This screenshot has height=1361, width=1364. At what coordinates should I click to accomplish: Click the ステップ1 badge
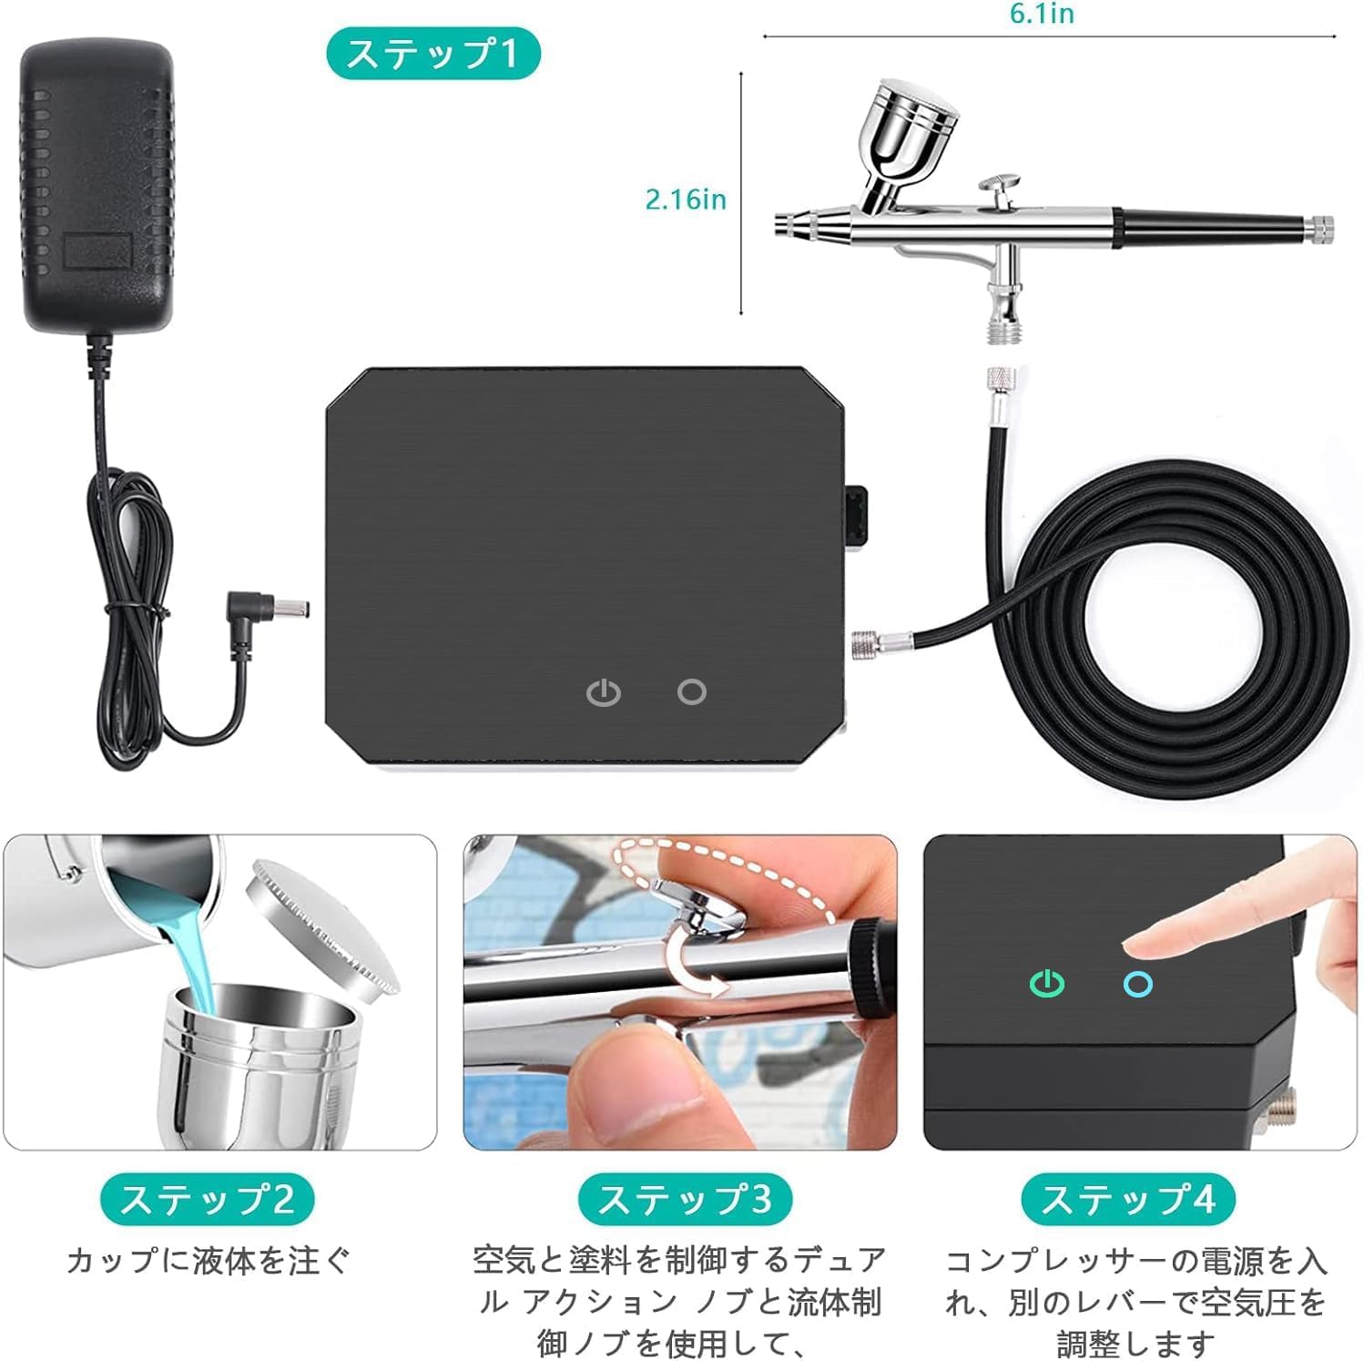433,53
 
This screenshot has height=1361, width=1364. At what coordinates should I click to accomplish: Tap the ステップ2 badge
208,1199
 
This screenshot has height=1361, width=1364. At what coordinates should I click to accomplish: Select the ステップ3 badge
685,1199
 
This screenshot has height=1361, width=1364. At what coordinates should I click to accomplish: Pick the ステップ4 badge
1127,1199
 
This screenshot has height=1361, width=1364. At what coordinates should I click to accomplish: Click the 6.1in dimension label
1042,14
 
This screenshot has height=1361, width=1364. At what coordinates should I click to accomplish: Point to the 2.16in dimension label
686,200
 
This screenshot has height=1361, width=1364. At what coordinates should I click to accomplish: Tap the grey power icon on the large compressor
604,692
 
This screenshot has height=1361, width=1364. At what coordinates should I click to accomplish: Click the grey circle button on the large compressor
692,691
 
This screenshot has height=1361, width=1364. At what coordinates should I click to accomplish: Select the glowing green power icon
1047,984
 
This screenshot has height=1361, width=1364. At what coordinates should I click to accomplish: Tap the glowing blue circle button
1138,984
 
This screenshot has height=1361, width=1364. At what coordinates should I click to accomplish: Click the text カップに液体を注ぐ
208,1261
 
